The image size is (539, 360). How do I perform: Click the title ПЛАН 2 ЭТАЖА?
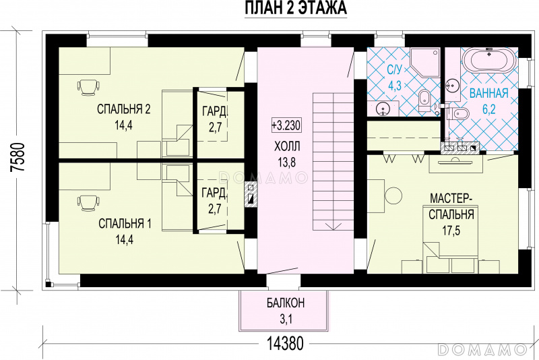pyautogui.click(x=296, y=8)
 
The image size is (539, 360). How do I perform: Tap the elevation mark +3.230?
pyautogui.click(x=286, y=125)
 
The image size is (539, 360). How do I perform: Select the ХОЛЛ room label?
pyautogui.click(x=287, y=146)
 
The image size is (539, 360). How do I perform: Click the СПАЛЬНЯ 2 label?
pyautogui.click(x=124, y=109)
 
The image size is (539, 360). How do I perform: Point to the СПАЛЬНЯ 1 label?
pyautogui.click(x=125, y=224)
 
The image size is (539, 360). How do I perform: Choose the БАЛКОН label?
pyautogui.click(x=285, y=303)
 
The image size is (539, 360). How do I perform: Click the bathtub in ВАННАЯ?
pyautogui.click(x=490, y=60)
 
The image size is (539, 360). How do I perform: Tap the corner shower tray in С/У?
pyautogui.click(x=425, y=62)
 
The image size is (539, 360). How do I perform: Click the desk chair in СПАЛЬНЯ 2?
pyautogui.click(x=89, y=86)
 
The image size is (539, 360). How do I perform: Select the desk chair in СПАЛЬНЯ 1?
pyautogui.click(x=89, y=202)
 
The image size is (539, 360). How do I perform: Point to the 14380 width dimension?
pyautogui.click(x=285, y=344)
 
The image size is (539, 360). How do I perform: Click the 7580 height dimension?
pyautogui.click(x=18, y=158)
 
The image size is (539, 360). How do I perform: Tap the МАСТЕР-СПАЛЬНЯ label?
pyautogui.click(x=451, y=206)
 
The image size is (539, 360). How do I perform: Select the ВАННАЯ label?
pyautogui.click(x=489, y=93)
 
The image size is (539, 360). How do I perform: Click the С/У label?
pyautogui.click(x=394, y=70)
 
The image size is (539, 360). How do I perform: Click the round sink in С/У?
pyautogui.click(x=383, y=109)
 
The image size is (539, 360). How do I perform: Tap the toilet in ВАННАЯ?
pyautogui.click(x=456, y=113)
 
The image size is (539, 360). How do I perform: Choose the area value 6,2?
pyautogui.click(x=489, y=109)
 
